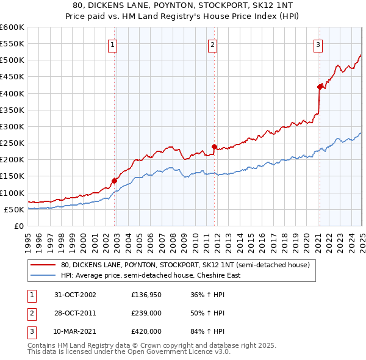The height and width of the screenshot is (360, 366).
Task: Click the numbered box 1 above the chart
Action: (x=114, y=44)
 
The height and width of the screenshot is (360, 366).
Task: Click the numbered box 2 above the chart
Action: (x=212, y=44)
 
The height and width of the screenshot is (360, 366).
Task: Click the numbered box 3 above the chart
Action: (x=318, y=44)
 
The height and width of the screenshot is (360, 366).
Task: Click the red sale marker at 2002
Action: (x=114, y=180)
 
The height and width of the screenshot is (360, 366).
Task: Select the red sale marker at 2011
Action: (x=214, y=146)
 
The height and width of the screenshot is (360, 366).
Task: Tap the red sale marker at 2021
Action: (x=320, y=87)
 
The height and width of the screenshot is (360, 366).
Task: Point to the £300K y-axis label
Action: (x=12, y=126)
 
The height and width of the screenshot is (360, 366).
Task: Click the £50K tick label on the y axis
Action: (x=14, y=209)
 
